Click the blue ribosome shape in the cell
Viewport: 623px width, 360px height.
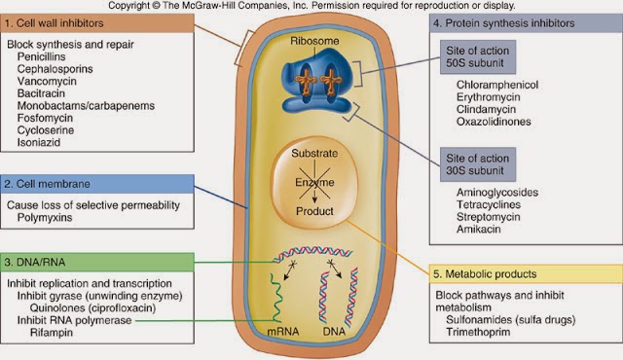coord(310,77)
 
